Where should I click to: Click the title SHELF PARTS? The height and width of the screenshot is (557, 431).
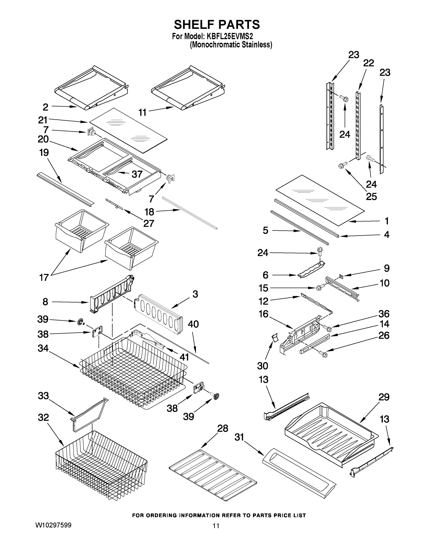[x=217, y=25]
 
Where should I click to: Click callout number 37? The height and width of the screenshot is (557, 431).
[x=137, y=174]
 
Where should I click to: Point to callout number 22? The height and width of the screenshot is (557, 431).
[x=368, y=63]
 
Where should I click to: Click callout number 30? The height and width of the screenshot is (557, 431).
[x=263, y=366]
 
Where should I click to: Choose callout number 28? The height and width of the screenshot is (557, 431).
[x=222, y=428]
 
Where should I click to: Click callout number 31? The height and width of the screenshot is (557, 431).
[x=240, y=437]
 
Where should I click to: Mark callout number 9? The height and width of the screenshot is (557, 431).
[x=387, y=268]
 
